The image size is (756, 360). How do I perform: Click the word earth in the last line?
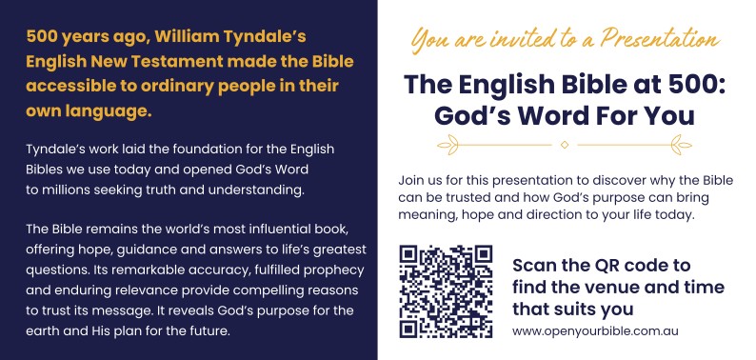click(x=42, y=332)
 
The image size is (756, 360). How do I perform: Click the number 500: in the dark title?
click(x=692, y=85)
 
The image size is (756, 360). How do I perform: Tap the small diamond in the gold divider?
click(x=565, y=145)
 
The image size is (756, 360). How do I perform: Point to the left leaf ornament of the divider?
click(x=448, y=145)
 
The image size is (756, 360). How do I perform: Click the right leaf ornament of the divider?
click(x=682, y=145)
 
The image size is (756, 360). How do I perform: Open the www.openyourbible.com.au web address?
click(x=595, y=332)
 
